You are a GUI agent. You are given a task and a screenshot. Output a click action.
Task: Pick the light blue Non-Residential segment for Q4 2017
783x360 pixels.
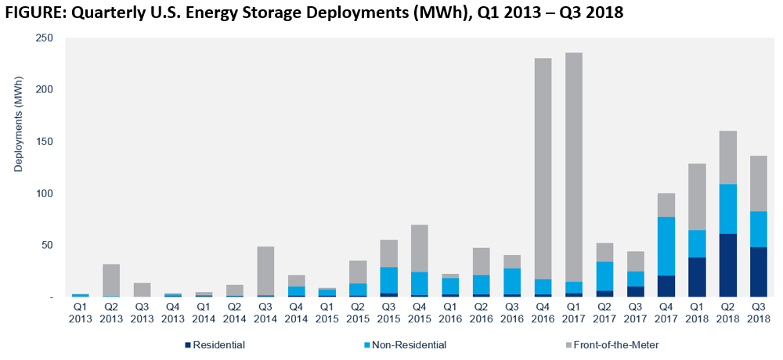(x=666, y=246)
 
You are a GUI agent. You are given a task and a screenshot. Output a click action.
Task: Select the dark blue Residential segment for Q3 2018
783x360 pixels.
(x=758, y=272)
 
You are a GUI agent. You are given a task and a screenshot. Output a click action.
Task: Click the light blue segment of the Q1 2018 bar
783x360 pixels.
(x=696, y=243)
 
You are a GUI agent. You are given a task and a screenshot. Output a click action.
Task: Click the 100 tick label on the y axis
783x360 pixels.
(x=45, y=193)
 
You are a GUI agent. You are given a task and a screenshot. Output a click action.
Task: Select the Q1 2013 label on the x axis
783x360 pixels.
(x=81, y=313)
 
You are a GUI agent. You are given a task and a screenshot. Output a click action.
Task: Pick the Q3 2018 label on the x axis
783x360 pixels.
(x=758, y=313)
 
